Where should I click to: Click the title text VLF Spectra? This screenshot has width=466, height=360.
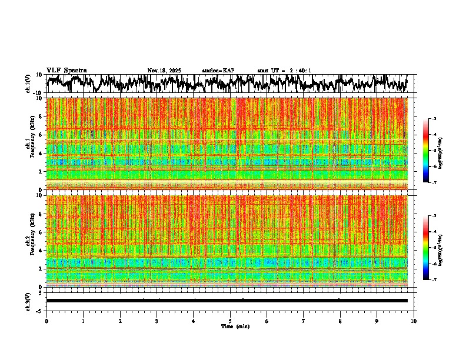pos(66,71)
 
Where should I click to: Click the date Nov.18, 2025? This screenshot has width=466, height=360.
pos(164,71)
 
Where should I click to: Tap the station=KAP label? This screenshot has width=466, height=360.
pos(218,71)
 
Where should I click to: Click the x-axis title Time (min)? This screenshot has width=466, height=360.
pos(235,326)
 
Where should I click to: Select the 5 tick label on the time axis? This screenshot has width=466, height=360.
pos(230,321)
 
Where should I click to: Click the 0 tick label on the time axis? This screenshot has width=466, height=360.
pos(46,321)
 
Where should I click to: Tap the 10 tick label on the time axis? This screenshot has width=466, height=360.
pos(414,321)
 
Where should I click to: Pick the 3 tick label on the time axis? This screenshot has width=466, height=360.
pos(157,321)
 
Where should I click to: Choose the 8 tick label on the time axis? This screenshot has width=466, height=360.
pos(340,321)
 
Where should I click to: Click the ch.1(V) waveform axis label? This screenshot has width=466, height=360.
pos(28,84)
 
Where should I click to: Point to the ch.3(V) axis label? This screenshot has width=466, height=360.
pos(28,301)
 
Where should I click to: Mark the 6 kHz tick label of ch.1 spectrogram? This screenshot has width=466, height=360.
pos(41,135)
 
